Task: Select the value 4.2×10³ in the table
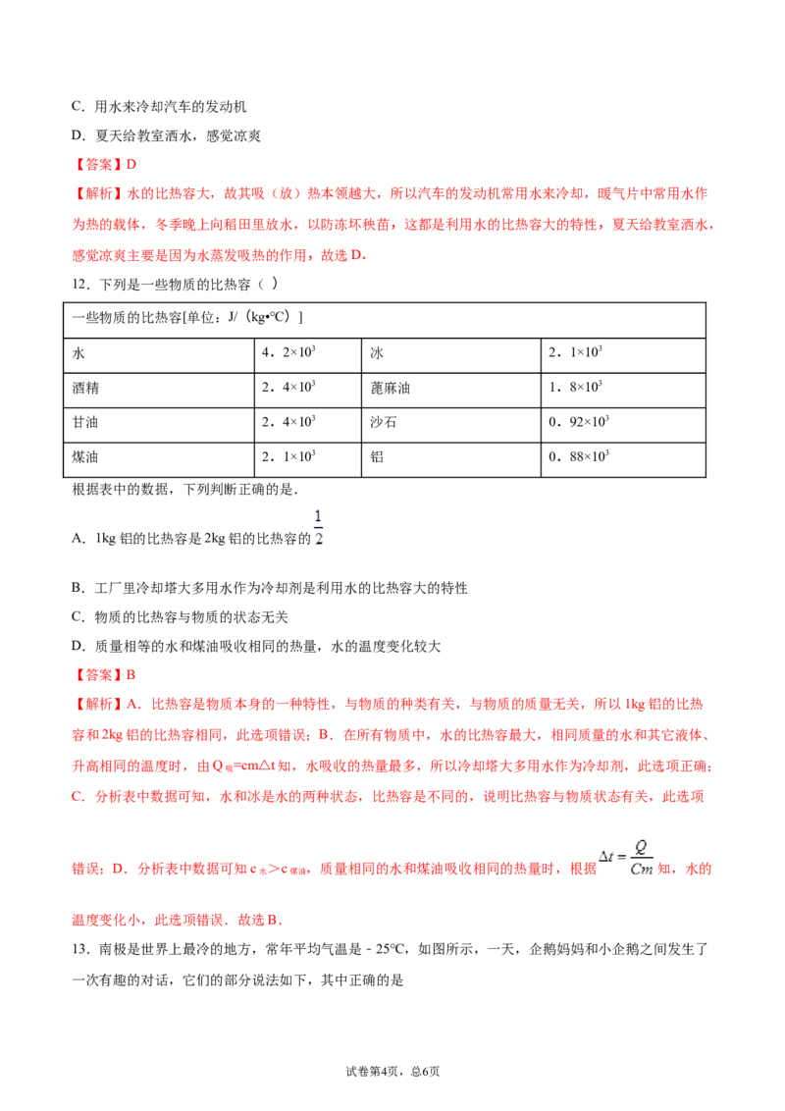[288, 352]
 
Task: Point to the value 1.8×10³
[575, 387]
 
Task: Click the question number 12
[80, 285]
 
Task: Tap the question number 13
[80, 949]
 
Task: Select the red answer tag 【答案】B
[104, 674]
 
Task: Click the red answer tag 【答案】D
[104, 164]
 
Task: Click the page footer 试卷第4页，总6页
[392, 1072]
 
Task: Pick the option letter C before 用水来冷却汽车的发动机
[77, 106]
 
